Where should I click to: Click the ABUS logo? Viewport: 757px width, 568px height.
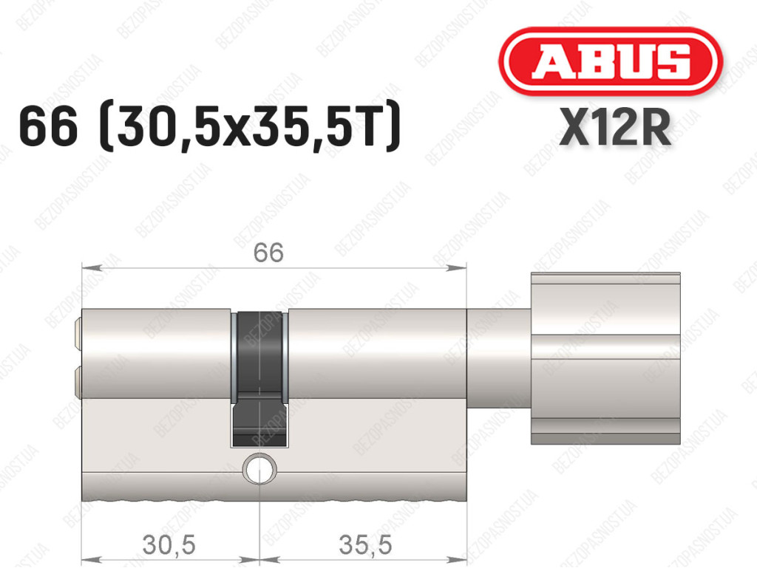pyautogui.click(x=610, y=61)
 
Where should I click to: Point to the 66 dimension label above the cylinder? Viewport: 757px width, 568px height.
pyautogui.click(x=268, y=253)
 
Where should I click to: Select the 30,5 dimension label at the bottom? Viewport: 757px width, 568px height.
pyautogui.click(x=169, y=545)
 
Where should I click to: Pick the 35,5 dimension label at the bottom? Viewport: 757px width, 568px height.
pyautogui.click(x=365, y=545)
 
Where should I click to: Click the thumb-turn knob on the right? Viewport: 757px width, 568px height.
pyautogui.click(x=605, y=358)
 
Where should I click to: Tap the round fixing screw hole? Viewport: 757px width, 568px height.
pyautogui.click(x=260, y=468)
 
